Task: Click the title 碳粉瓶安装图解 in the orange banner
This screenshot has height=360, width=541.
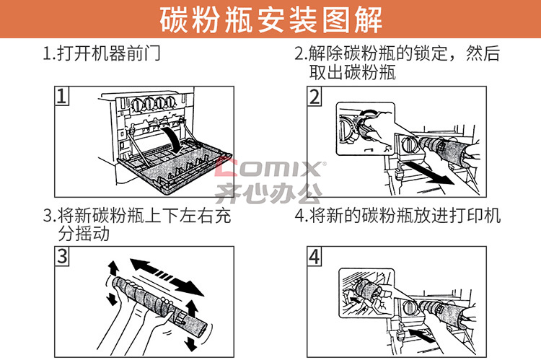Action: [x=270, y=19]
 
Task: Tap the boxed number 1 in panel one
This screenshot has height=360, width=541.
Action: [x=62, y=96]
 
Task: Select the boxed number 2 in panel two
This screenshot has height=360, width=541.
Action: [x=315, y=96]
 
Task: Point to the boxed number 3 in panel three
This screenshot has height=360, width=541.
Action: [x=62, y=256]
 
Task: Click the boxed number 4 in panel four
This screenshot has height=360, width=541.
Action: [x=315, y=256]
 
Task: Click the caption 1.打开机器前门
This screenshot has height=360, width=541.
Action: [x=102, y=53]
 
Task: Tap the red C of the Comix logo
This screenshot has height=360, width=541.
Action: [x=226, y=167]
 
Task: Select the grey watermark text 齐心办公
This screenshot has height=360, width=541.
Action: [x=269, y=193]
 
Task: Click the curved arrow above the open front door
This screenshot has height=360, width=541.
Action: [x=172, y=139]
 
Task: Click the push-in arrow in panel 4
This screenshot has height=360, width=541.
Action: [x=422, y=335]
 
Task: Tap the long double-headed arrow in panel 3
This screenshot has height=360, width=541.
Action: [x=167, y=277]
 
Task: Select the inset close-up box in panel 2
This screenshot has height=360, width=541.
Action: [x=366, y=128]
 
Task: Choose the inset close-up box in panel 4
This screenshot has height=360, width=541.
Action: [x=366, y=293]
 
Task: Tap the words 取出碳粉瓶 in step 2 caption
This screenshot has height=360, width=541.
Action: [x=352, y=72]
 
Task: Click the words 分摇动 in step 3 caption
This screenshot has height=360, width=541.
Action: [x=84, y=234]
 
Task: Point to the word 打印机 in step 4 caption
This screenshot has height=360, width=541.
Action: [x=475, y=216]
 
